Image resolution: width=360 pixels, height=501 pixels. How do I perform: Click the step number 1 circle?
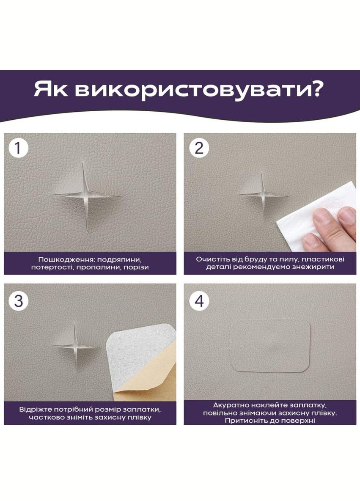(18, 149)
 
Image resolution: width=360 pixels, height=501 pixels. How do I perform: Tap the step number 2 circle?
(199, 149)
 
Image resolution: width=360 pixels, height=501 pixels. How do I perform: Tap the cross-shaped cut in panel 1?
(86, 195)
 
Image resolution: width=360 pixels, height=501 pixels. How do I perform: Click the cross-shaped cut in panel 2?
(262, 194)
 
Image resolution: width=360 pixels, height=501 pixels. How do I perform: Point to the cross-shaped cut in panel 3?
(75, 346)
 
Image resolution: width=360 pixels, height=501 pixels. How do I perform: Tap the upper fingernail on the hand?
(348, 215)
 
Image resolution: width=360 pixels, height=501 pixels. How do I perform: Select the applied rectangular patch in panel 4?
(270, 346)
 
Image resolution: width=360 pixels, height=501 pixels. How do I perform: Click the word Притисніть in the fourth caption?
(243, 420)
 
